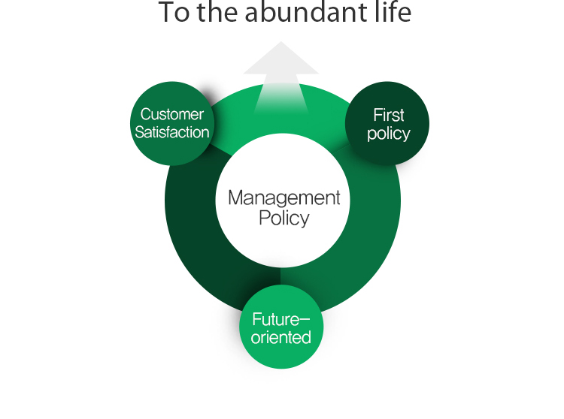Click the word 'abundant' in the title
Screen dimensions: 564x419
tap(305, 12)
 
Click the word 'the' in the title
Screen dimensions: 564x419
tap(217, 12)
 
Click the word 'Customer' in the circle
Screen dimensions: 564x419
tap(172, 115)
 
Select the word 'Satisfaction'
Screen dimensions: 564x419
tap(172, 132)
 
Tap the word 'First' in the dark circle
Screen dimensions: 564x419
tap(389, 115)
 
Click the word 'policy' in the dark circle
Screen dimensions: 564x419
tap(389, 134)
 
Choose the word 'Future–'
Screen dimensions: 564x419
tap(281, 320)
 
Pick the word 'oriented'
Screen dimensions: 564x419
tap(281, 337)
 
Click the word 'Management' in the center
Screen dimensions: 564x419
tap(284, 198)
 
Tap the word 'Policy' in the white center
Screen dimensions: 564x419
tap(284, 219)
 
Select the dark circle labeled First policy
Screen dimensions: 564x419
tap(387, 123)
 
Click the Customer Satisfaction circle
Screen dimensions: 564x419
tap(172, 123)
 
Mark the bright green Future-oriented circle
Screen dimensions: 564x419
tap(281, 327)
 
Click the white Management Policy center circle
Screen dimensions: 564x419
tap(283, 200)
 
